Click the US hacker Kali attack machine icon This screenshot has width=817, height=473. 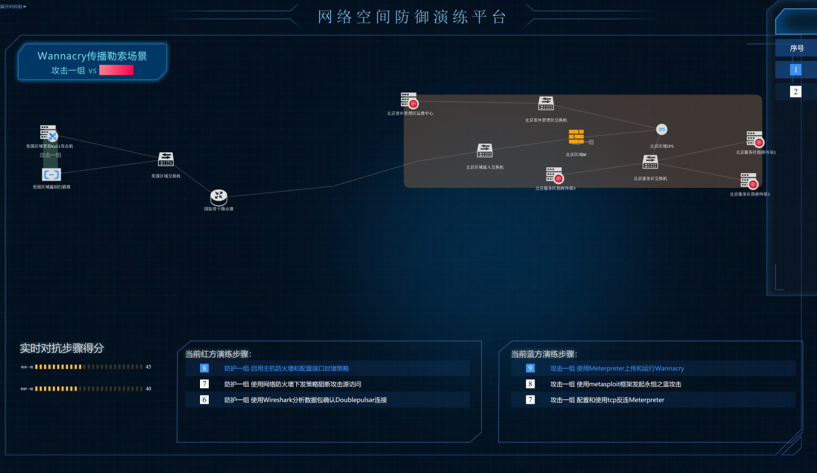click(x=49, y=133)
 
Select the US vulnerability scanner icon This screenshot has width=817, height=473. click(x=52, y=174)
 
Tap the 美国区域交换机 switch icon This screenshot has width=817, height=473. click(x=165, y=160)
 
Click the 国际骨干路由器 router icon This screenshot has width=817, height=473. click(x=218, y=198)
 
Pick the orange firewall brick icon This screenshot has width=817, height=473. click(x=576, y=136)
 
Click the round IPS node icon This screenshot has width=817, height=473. click(x=662, y=130)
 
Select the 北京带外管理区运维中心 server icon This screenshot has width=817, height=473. click(x=409, y=101)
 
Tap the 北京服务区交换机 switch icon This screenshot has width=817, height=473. click(x=650, y=162)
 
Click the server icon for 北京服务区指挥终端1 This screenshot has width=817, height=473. click(x=755, y=139)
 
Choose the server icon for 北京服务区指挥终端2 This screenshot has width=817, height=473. click(x=749, y=181)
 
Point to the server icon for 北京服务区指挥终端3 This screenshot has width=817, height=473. click(x=555, y=175)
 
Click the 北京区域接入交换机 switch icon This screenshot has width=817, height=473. click(x=484, y=151)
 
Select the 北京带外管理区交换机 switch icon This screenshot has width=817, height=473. click(x=545, y=104)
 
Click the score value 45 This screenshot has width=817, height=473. click(x=148, y=367)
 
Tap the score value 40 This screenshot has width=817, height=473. click(x=148, y=389)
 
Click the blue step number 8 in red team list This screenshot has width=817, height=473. click(x=204, y=368)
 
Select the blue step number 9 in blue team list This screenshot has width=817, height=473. click(x=530, y=368)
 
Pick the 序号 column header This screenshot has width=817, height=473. click(x=797, y=48)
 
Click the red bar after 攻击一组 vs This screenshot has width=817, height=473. click(x=116, y=70)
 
